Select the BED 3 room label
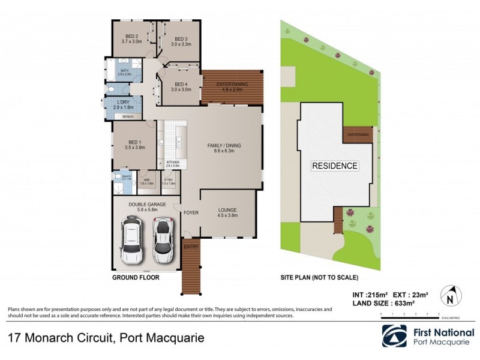point(181,37)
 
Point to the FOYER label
point(191,212)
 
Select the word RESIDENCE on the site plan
point(334,166)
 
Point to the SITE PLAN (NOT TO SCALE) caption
point(319,278)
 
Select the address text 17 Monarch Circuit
point(60,337)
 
